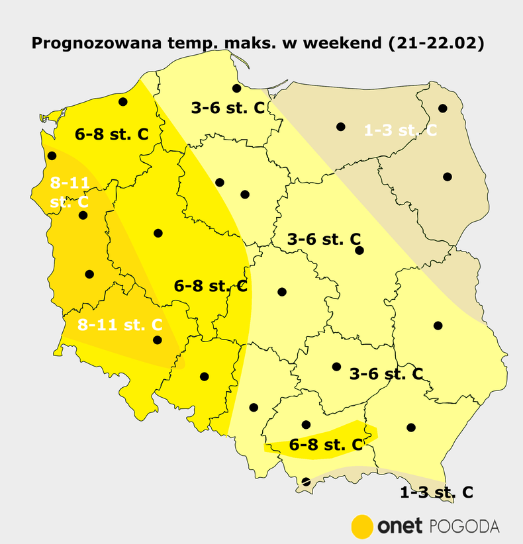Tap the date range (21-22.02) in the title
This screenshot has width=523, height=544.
click(437, 44)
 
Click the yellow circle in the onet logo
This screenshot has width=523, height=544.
click(362, 526)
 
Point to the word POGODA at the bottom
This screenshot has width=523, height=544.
click(465, 527)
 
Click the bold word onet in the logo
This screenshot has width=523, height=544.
click(400, 527)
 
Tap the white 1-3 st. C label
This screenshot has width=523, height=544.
click(400, 130)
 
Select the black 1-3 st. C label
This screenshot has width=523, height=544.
click(436, 492)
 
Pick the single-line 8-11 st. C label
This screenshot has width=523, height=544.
click(120, 325)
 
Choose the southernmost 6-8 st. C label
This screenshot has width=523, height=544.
click(326, 445)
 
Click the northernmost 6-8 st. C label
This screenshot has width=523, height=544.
click(111, 134)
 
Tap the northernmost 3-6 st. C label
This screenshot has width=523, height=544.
click(228, 107)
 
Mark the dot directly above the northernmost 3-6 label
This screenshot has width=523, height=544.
click(236, 88)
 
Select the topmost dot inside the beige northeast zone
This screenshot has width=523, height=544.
click(443, 108)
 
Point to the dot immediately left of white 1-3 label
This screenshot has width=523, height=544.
click(341, 126)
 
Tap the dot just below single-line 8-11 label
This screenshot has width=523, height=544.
click(158, 340)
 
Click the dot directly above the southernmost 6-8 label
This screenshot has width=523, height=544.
click(306, 424)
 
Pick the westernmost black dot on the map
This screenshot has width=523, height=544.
click(52, 156)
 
